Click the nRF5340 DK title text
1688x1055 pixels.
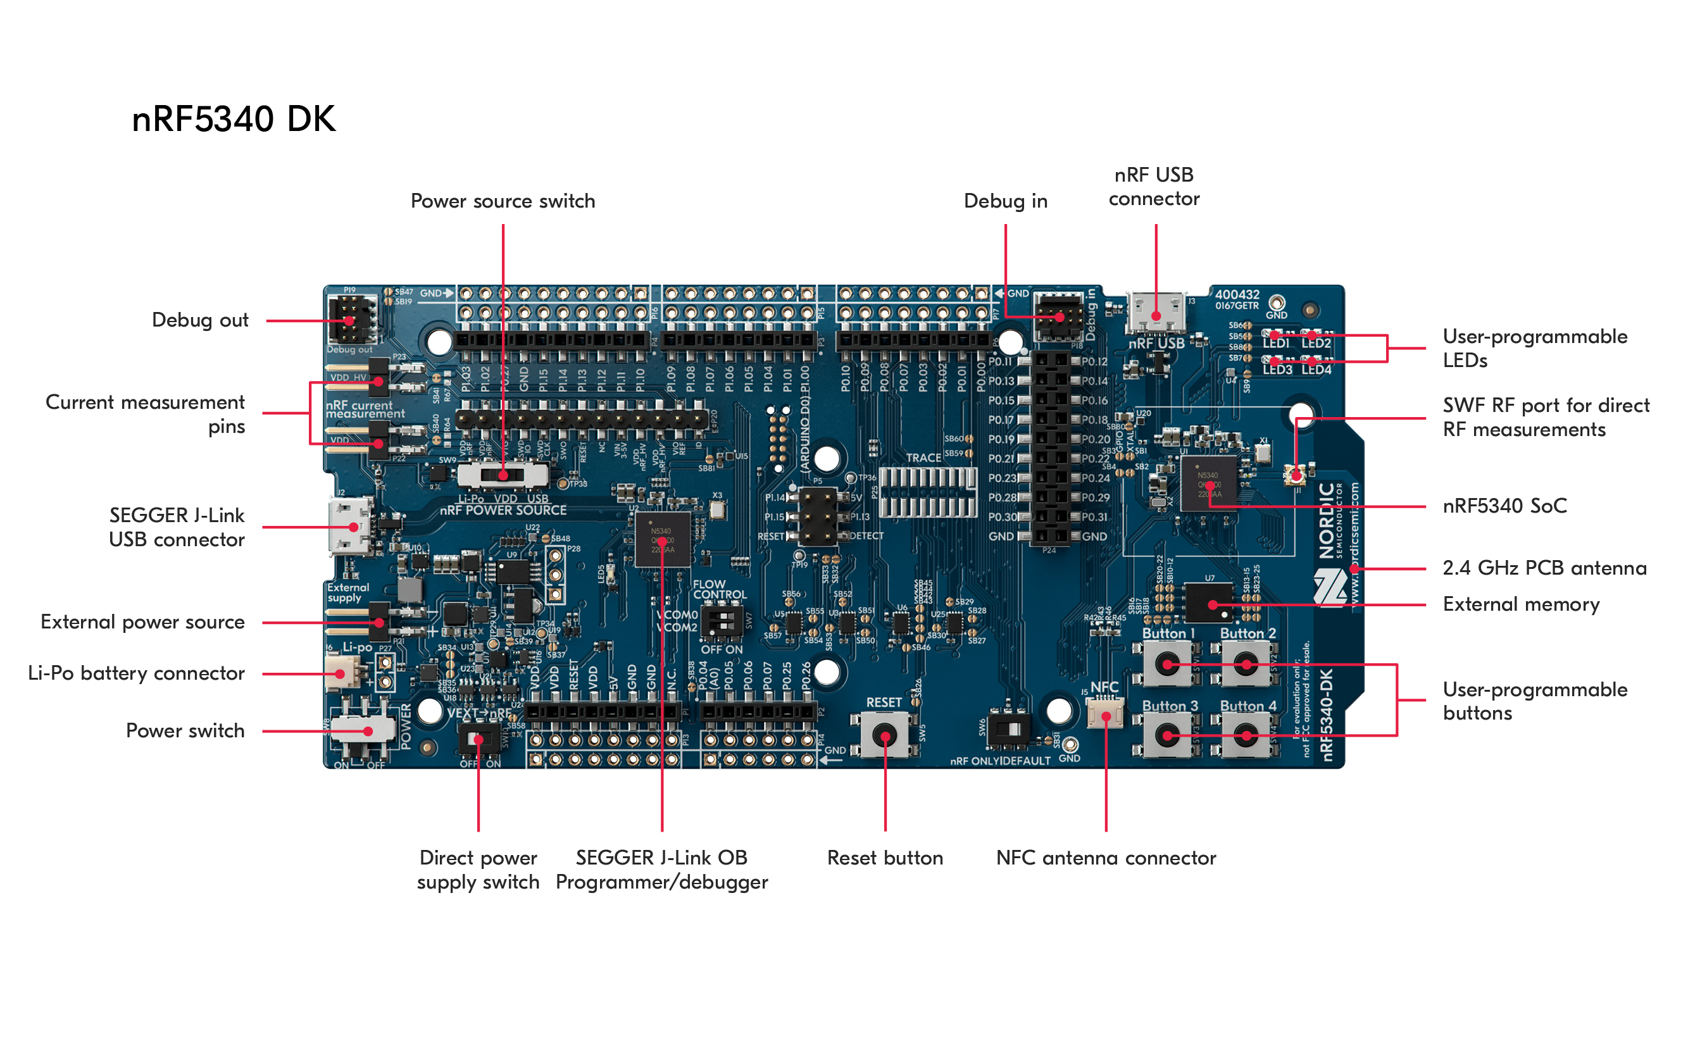click(233, 118)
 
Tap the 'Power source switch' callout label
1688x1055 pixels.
click(503, 201)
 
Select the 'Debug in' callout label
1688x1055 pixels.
click(1005, 201)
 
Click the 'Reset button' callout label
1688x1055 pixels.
click(885, 858)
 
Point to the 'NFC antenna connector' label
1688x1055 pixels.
click(1105, 858)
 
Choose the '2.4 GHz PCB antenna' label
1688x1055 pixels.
click(1544, 568)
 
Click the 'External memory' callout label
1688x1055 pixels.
click(1520, 604)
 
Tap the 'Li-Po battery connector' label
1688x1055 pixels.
click(136, 673)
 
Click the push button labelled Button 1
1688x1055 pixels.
click(1166, 663)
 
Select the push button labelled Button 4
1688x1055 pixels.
click(1246, 735)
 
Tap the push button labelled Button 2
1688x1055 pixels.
click(1246, 663)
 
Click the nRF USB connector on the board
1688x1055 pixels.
click(1156, 315)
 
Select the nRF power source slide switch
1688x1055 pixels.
click(503, 475)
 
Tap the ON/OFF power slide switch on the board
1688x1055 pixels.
click(362, 730)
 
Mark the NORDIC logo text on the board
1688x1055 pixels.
click(1327, 520)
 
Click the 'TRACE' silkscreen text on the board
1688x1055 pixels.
click(923, 458)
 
